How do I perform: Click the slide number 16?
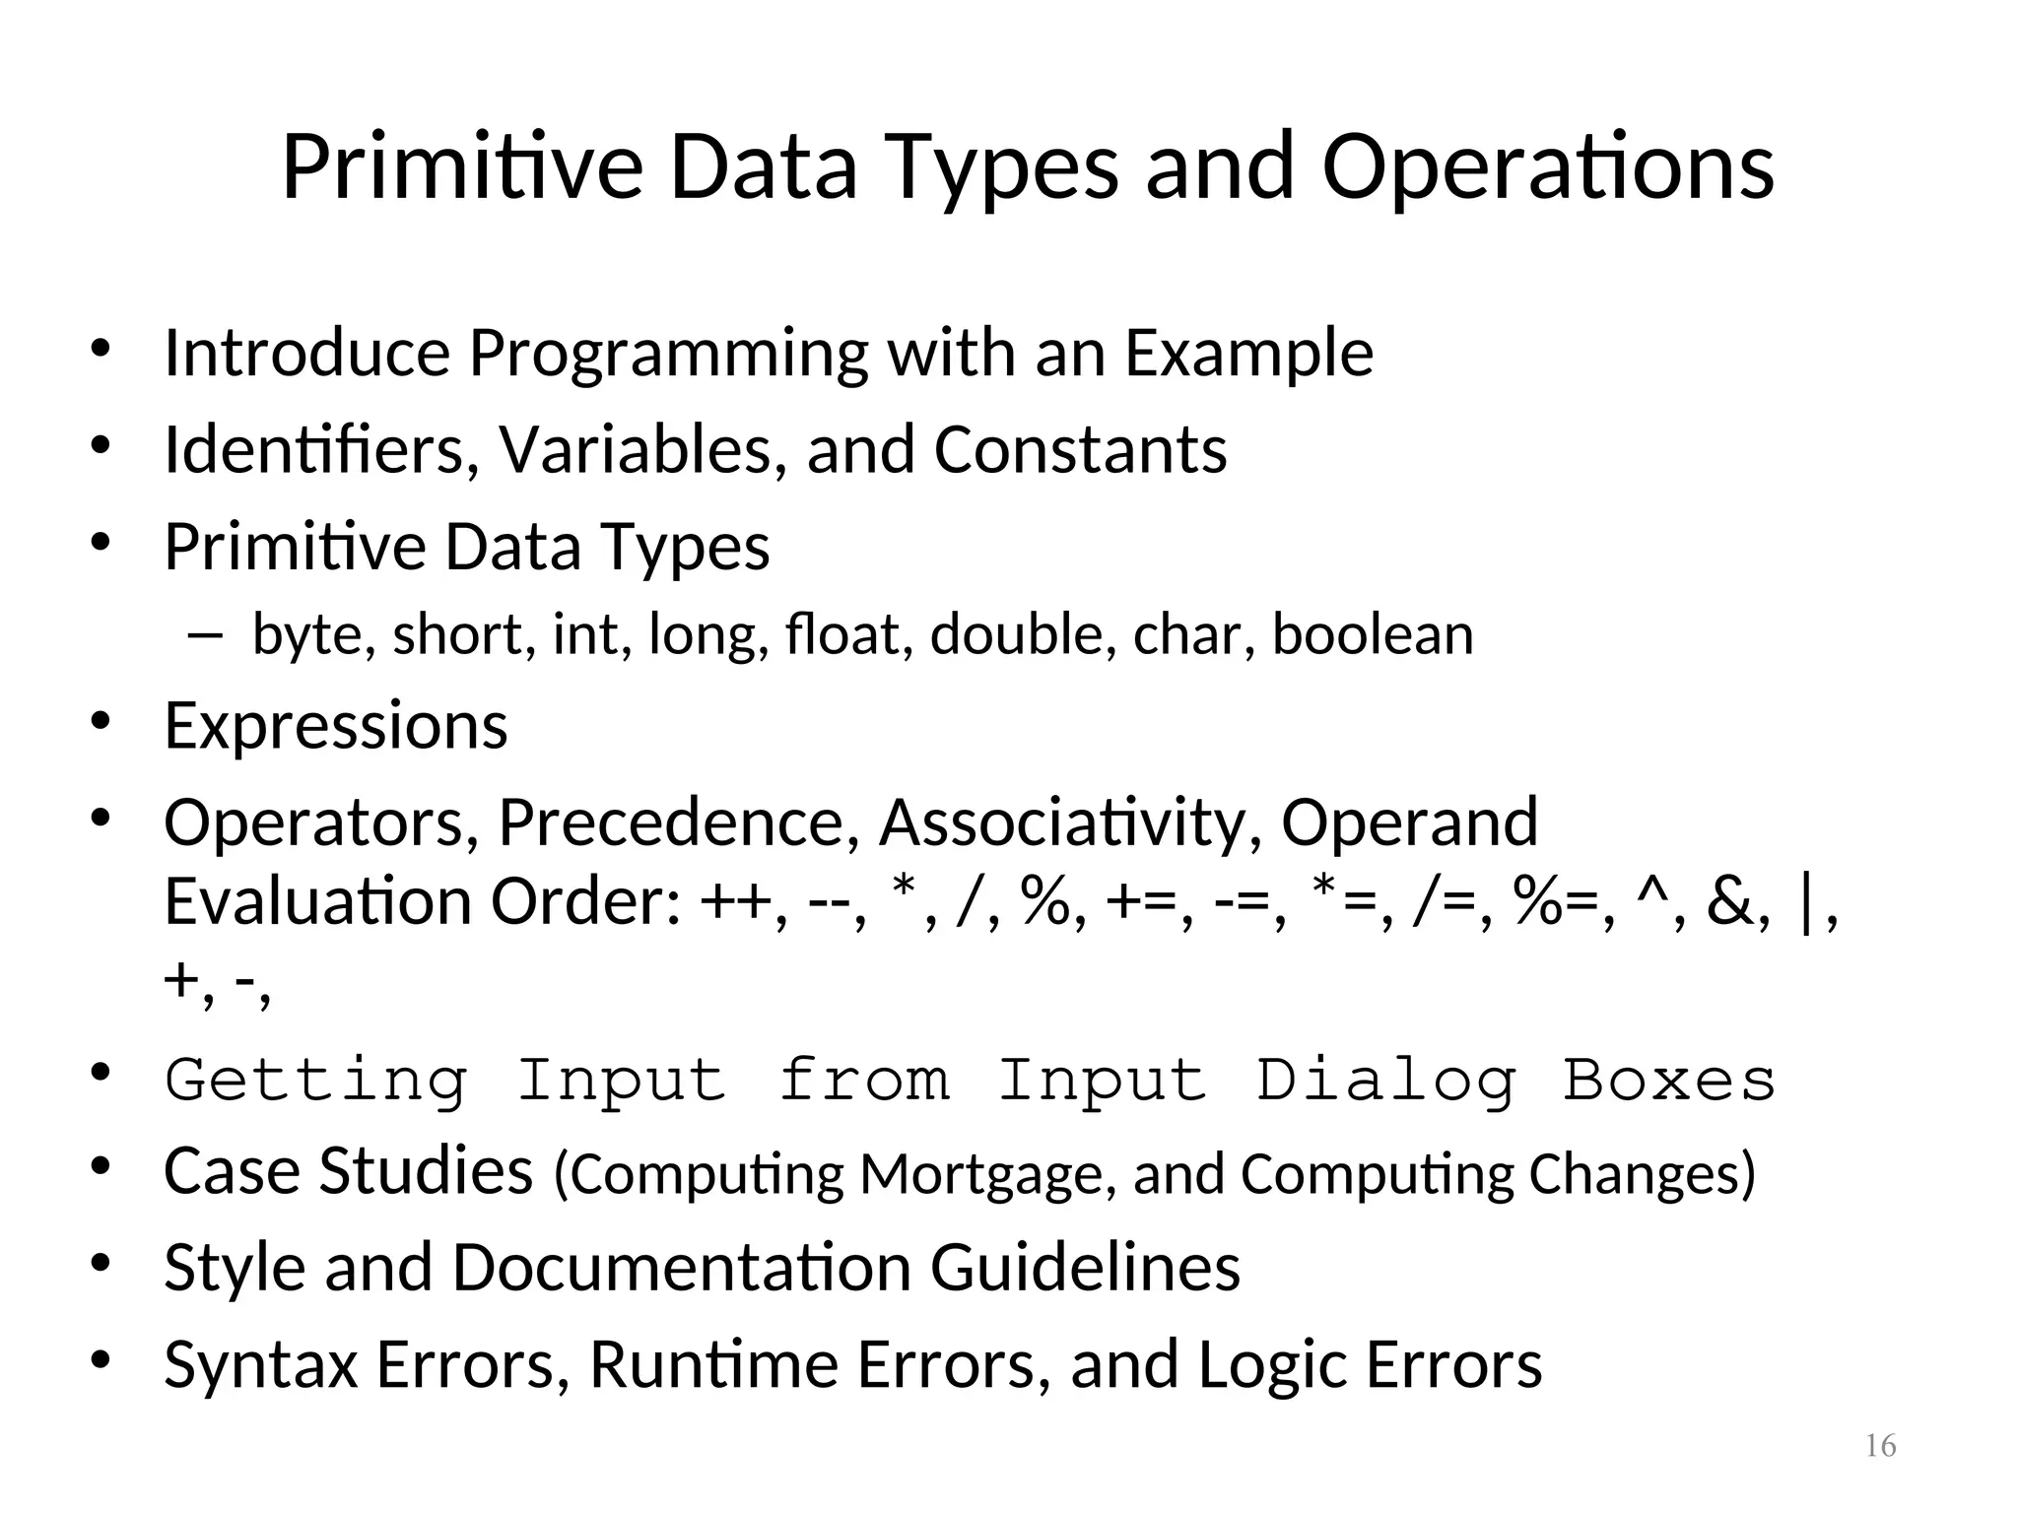1880,1446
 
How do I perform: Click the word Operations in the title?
1547,167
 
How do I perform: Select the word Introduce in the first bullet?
306,353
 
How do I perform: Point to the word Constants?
1080,450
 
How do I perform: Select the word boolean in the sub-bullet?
1373,634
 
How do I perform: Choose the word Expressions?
336,727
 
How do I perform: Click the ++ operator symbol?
734,902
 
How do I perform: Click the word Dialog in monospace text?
1385,1081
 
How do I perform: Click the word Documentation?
682,1268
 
